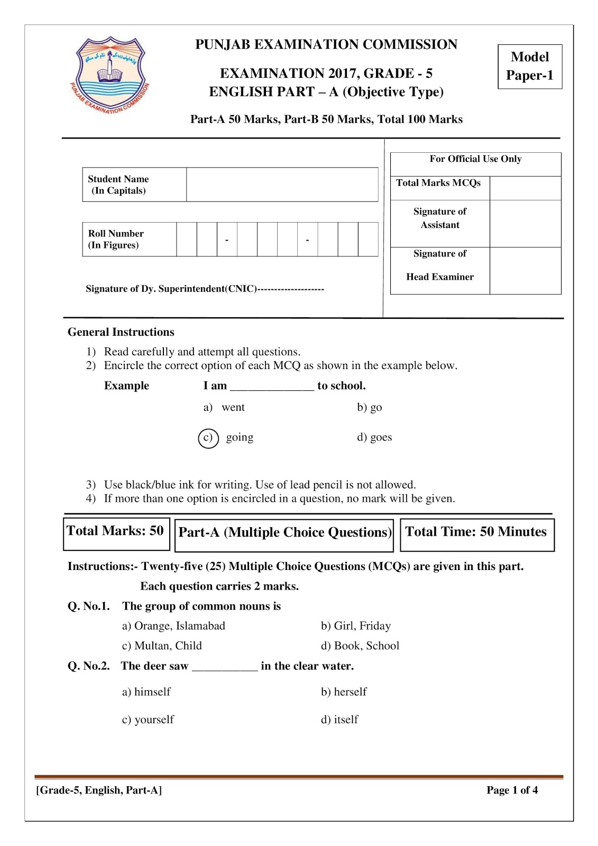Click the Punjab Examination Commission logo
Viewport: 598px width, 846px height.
110,75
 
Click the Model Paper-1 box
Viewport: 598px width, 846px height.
529,66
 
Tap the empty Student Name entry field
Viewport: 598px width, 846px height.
282,185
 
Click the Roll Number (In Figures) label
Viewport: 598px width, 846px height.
116,239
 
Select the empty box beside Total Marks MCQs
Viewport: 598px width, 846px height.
525,188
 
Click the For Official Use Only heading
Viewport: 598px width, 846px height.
475,159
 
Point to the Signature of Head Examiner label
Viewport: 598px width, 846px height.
439,265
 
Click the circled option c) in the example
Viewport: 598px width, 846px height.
208,438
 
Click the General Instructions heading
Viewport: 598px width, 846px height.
121,332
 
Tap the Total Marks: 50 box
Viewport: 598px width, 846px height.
116,532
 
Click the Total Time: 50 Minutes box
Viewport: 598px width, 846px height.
476,533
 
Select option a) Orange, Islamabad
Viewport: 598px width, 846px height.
173,626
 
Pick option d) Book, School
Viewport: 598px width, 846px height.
360,646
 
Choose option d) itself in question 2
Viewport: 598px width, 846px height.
339,720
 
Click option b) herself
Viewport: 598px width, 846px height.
344,692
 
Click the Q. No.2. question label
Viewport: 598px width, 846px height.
88,666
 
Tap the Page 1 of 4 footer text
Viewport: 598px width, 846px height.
512,790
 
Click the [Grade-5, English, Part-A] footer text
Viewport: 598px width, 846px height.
99,790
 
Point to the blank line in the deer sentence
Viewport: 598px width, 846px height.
225,668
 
